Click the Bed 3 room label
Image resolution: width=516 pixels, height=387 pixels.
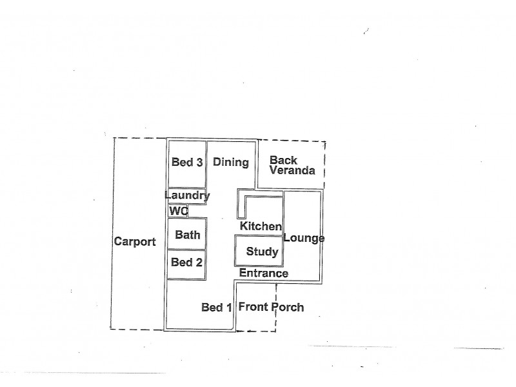tap(187, 163)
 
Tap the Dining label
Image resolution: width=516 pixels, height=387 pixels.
tap(231, 163)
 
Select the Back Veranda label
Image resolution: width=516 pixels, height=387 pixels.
tap(292, 166)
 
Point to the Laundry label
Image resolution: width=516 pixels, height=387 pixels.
tap(187, 195)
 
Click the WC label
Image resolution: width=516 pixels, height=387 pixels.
tap(178, 211)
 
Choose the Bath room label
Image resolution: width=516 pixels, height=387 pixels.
tap(188, 235)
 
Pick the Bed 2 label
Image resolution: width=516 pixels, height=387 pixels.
tap(187, 262)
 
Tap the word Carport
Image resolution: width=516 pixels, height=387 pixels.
tap(135, 242)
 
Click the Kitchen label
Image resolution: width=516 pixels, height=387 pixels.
tap(261, 226)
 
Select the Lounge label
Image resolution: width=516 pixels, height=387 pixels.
tap(303, 238)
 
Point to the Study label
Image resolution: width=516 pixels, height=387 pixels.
tap(262, 252)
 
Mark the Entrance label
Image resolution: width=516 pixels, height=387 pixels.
tap(263, 273)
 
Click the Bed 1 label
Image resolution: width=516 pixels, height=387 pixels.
tap(217, 308)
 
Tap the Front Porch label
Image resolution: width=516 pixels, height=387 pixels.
tap(271, 307)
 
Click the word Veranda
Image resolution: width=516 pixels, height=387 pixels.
tap(292, 171)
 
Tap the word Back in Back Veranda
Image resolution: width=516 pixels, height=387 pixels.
tap(283, 160)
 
